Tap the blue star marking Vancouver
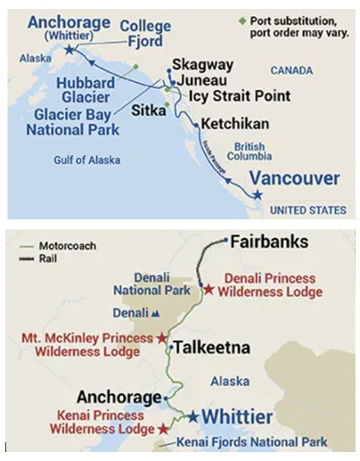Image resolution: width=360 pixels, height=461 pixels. [258, 193]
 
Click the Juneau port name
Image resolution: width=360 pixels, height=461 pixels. [203, 80]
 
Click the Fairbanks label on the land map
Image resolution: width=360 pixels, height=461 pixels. [269, 243]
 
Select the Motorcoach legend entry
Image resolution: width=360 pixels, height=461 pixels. [54, 244]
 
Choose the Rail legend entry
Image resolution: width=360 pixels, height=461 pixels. [44, 258]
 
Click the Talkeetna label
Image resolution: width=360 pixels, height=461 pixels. [211, 348]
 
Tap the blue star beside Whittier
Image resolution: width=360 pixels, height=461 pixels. [192, 416]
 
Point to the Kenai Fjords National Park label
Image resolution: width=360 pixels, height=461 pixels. [252, 441]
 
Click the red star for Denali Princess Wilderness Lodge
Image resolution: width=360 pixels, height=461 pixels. [209, 289]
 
